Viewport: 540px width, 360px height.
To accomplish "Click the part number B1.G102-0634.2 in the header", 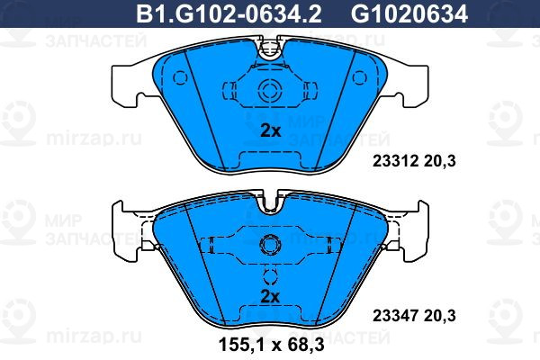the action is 229,13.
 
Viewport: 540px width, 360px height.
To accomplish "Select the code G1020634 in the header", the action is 409,13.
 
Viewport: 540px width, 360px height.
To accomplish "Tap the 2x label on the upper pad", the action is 270,130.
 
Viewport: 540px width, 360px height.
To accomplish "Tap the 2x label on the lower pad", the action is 270,296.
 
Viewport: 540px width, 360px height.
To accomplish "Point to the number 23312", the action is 395,161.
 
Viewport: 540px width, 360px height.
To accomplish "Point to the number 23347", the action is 395,315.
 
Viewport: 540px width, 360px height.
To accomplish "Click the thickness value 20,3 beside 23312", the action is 440,161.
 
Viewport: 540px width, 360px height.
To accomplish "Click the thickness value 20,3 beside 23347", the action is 440,316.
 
